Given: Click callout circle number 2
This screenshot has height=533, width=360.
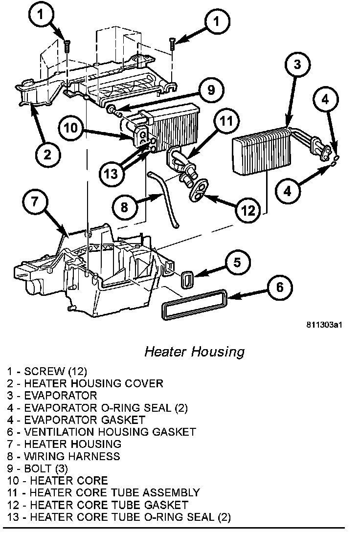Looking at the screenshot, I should tap(47, 155).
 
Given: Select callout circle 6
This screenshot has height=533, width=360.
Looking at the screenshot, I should tap(279, 287).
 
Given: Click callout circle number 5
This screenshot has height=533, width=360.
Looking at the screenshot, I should tap(237, 263).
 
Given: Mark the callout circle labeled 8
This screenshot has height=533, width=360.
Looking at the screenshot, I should tap(124, 207).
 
